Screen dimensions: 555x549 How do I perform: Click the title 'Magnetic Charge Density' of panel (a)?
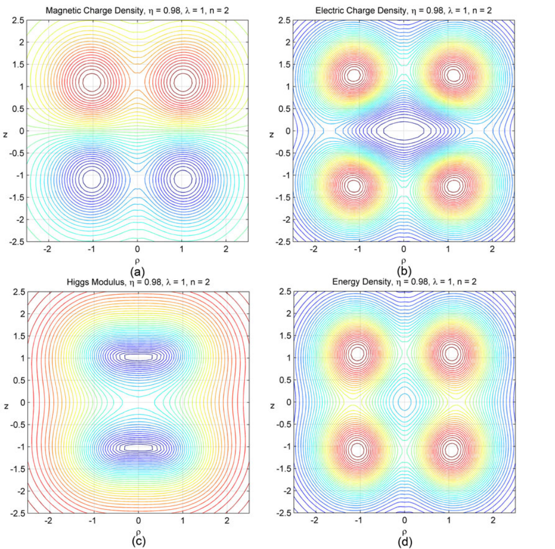pos(95,11)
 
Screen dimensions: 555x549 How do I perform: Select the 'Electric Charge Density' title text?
pos(361,11)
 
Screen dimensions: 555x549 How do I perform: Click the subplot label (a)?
pos(138,272)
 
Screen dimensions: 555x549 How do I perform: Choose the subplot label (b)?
pos(404,272)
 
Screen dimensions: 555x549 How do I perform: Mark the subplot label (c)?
pos(138,542)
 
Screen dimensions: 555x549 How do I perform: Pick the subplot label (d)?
pos(404,542)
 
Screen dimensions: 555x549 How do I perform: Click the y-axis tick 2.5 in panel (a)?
pos(18,21)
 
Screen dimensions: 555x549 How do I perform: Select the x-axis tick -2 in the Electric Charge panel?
pos(314,249)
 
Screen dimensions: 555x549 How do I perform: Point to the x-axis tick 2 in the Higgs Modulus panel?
pos(227,521)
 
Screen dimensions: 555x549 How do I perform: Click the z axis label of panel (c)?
pos(6,407)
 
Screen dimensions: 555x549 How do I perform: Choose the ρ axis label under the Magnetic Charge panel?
pos(137,262)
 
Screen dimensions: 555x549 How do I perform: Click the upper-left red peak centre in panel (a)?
pos(92,82)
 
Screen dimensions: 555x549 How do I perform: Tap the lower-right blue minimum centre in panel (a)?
pos(183,179)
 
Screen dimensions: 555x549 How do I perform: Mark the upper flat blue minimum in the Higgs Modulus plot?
pos(139,357)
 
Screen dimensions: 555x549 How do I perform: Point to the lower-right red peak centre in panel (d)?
pos(451,450)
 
